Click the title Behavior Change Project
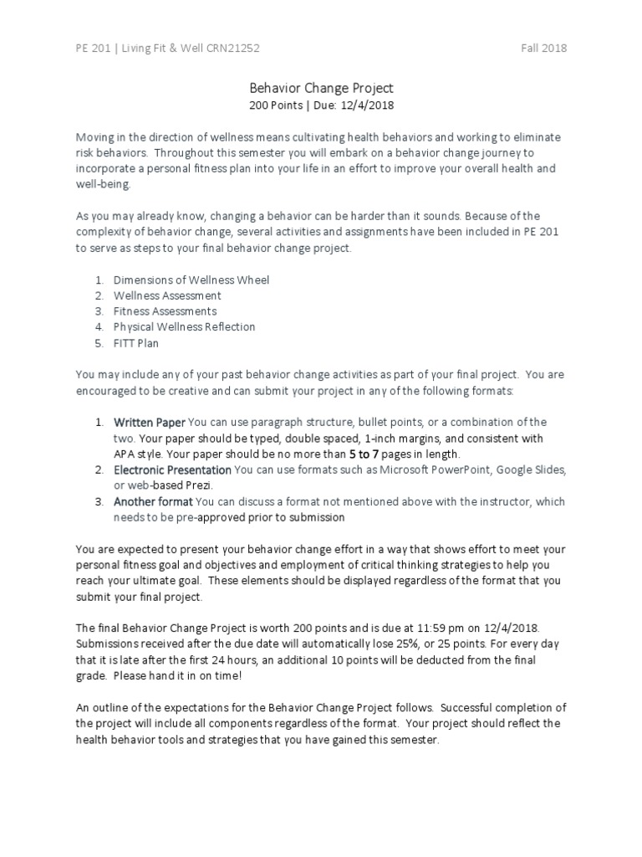coord(321,87)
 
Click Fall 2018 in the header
coord(543,48)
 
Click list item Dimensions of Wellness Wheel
coord(191,280)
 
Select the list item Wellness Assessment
coord(167,295)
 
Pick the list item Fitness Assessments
coord(165,311)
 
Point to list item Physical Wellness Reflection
coord(184,326)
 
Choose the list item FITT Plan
coord(136,342)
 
